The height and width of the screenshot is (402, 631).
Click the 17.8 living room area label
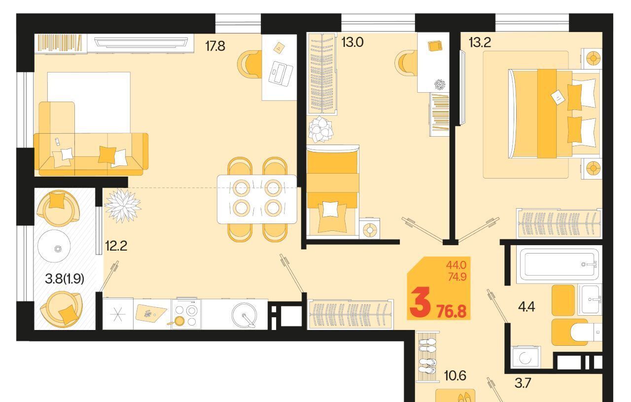(215, 46)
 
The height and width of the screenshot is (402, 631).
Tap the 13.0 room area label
(352, 42)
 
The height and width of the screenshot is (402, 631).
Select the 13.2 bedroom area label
(480, 42)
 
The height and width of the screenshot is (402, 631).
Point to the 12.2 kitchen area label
(116, 246)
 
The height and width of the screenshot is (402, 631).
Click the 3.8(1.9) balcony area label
(65, 279)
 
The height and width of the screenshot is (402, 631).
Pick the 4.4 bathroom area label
(526, 306)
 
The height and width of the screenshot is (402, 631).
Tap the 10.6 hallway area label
(455, 375)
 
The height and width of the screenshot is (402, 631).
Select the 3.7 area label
(523, 383)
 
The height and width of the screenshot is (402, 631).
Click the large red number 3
(420, 302)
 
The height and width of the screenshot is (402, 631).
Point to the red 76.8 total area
(452, 312)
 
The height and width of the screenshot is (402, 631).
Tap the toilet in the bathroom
(586, 332)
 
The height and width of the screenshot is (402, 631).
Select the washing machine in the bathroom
(526, 357)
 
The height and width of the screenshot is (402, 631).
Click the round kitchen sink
(244, 315)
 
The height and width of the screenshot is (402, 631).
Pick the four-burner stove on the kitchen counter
(186, 314)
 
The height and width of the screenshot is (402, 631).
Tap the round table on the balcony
(54, 246)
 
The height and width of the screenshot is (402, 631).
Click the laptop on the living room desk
(280, 73)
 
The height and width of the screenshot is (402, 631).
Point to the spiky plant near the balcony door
(123, 206)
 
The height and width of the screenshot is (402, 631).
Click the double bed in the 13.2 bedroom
(554, 113)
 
